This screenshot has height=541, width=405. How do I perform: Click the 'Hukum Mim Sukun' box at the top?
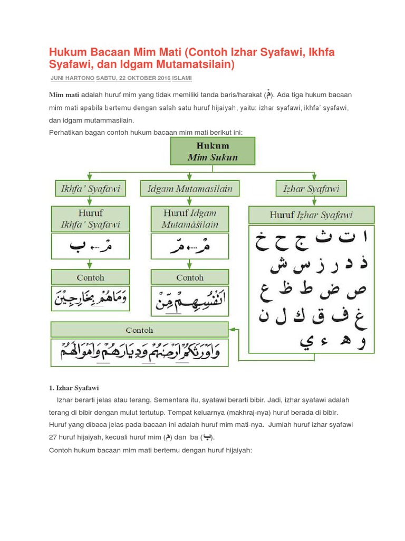tap(213, 151)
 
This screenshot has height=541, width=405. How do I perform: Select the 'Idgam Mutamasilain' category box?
tap(190, 189)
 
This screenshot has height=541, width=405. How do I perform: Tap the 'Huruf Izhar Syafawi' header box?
tap(311, 215)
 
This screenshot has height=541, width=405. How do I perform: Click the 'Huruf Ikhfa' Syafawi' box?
tap(90, 219)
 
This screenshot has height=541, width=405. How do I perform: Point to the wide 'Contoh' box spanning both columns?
tap(140, 330)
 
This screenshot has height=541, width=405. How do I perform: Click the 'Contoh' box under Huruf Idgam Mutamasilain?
tap(190, 277)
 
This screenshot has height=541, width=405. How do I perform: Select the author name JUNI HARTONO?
tap(72, 78)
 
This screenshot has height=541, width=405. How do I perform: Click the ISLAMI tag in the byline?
tap(183, 78)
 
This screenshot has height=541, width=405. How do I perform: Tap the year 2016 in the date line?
tap(163, 78)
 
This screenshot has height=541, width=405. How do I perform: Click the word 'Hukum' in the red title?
tap(68, 53)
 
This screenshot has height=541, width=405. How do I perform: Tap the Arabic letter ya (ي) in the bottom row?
tap(305, 341)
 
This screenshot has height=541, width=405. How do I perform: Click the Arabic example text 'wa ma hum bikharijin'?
tap(90, 300)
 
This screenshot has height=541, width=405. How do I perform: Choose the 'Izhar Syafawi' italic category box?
tap(311, 189)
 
